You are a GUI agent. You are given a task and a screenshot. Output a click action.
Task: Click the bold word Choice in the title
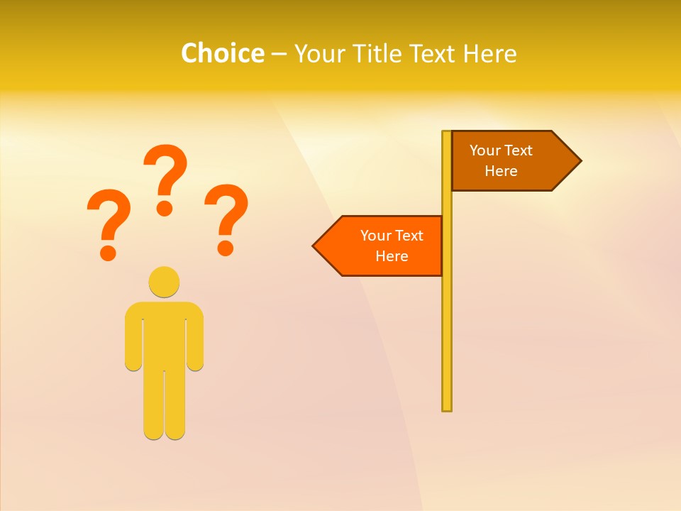point(222,53)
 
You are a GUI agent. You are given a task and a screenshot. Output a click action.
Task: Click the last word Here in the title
point(490,53)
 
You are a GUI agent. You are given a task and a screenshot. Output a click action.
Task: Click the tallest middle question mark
point(165,177)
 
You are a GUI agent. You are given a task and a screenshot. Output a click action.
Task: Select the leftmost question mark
point(109,221)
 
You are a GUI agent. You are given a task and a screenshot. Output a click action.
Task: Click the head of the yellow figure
point(164,281)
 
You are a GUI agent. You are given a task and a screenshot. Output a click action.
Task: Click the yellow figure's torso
point(164,334)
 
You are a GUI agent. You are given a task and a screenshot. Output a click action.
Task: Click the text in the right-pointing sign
point(501,160)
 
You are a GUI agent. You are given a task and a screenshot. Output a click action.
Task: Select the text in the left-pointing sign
point(392,246)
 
